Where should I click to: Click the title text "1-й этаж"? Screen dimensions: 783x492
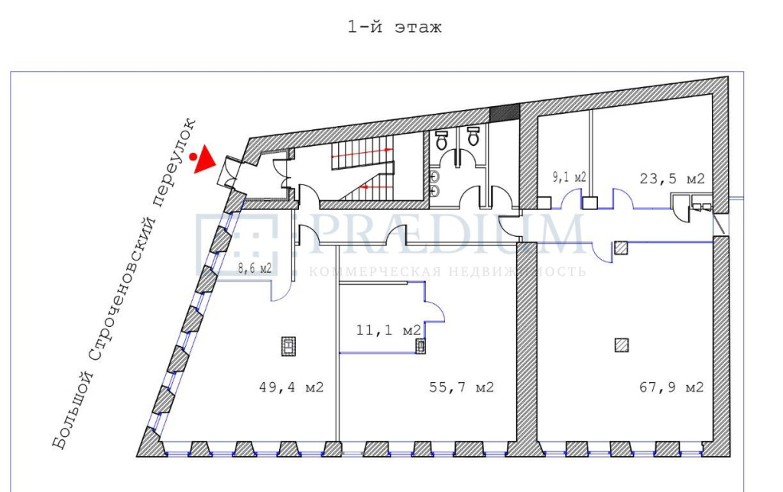pos(395,27)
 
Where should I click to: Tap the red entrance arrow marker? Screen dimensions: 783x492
pos(204,160)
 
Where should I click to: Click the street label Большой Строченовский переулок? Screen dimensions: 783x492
pos(125,283)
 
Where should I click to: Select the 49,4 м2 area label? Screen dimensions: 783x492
pos(291,387)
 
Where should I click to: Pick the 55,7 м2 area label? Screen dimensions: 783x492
pos(461,387)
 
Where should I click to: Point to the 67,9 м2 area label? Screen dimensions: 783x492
pos(671,387)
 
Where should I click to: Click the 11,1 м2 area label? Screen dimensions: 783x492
pos(388,330)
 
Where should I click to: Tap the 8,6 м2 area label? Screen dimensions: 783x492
pos(255,268)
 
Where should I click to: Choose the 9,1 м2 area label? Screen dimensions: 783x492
pos(569,176)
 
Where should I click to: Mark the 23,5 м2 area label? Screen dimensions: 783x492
pos(672,178)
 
